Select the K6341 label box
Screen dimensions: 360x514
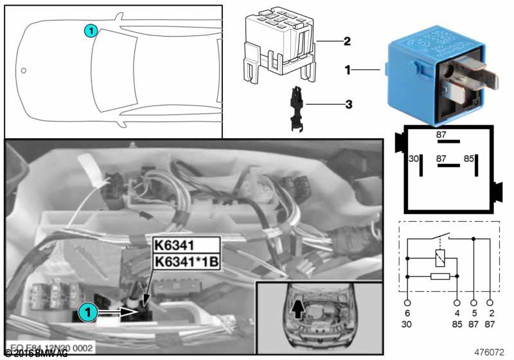[x=175, y=245]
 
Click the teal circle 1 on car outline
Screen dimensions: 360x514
[x=91, y=30]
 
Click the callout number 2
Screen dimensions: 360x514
[x=346, y=42]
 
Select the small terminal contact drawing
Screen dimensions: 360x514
[x=296, y=108]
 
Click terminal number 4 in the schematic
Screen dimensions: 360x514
[x=457, y=313]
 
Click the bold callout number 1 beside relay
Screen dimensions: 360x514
[x=348, y=69]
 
